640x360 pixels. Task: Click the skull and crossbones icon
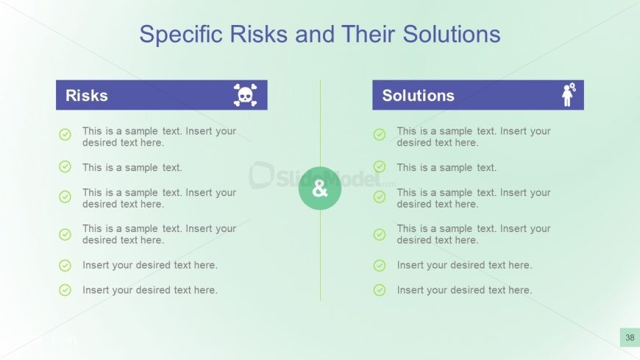[x=245, y=95]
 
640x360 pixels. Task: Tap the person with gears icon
[x=568, y=95]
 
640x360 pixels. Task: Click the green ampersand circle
[x=320, y=188]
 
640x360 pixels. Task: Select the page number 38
[x=630, y=338]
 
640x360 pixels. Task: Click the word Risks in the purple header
[x=87, y=96]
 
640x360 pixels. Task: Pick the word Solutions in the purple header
[x=418, y=96]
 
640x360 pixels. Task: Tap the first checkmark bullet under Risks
[x=65, y=135]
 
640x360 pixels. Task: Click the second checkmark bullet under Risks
[x=65, y=167]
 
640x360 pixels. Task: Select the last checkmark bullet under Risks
[x=65, y=290]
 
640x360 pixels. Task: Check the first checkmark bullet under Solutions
[x=380, y=135]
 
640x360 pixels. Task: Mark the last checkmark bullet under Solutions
[x=380, y=290]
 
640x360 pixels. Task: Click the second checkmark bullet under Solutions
[x=380, y=167]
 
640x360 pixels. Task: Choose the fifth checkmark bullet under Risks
[x=65, y=265]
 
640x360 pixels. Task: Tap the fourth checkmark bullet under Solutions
[x=380, y=234]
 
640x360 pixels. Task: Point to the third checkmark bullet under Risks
[x=65, y=197]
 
